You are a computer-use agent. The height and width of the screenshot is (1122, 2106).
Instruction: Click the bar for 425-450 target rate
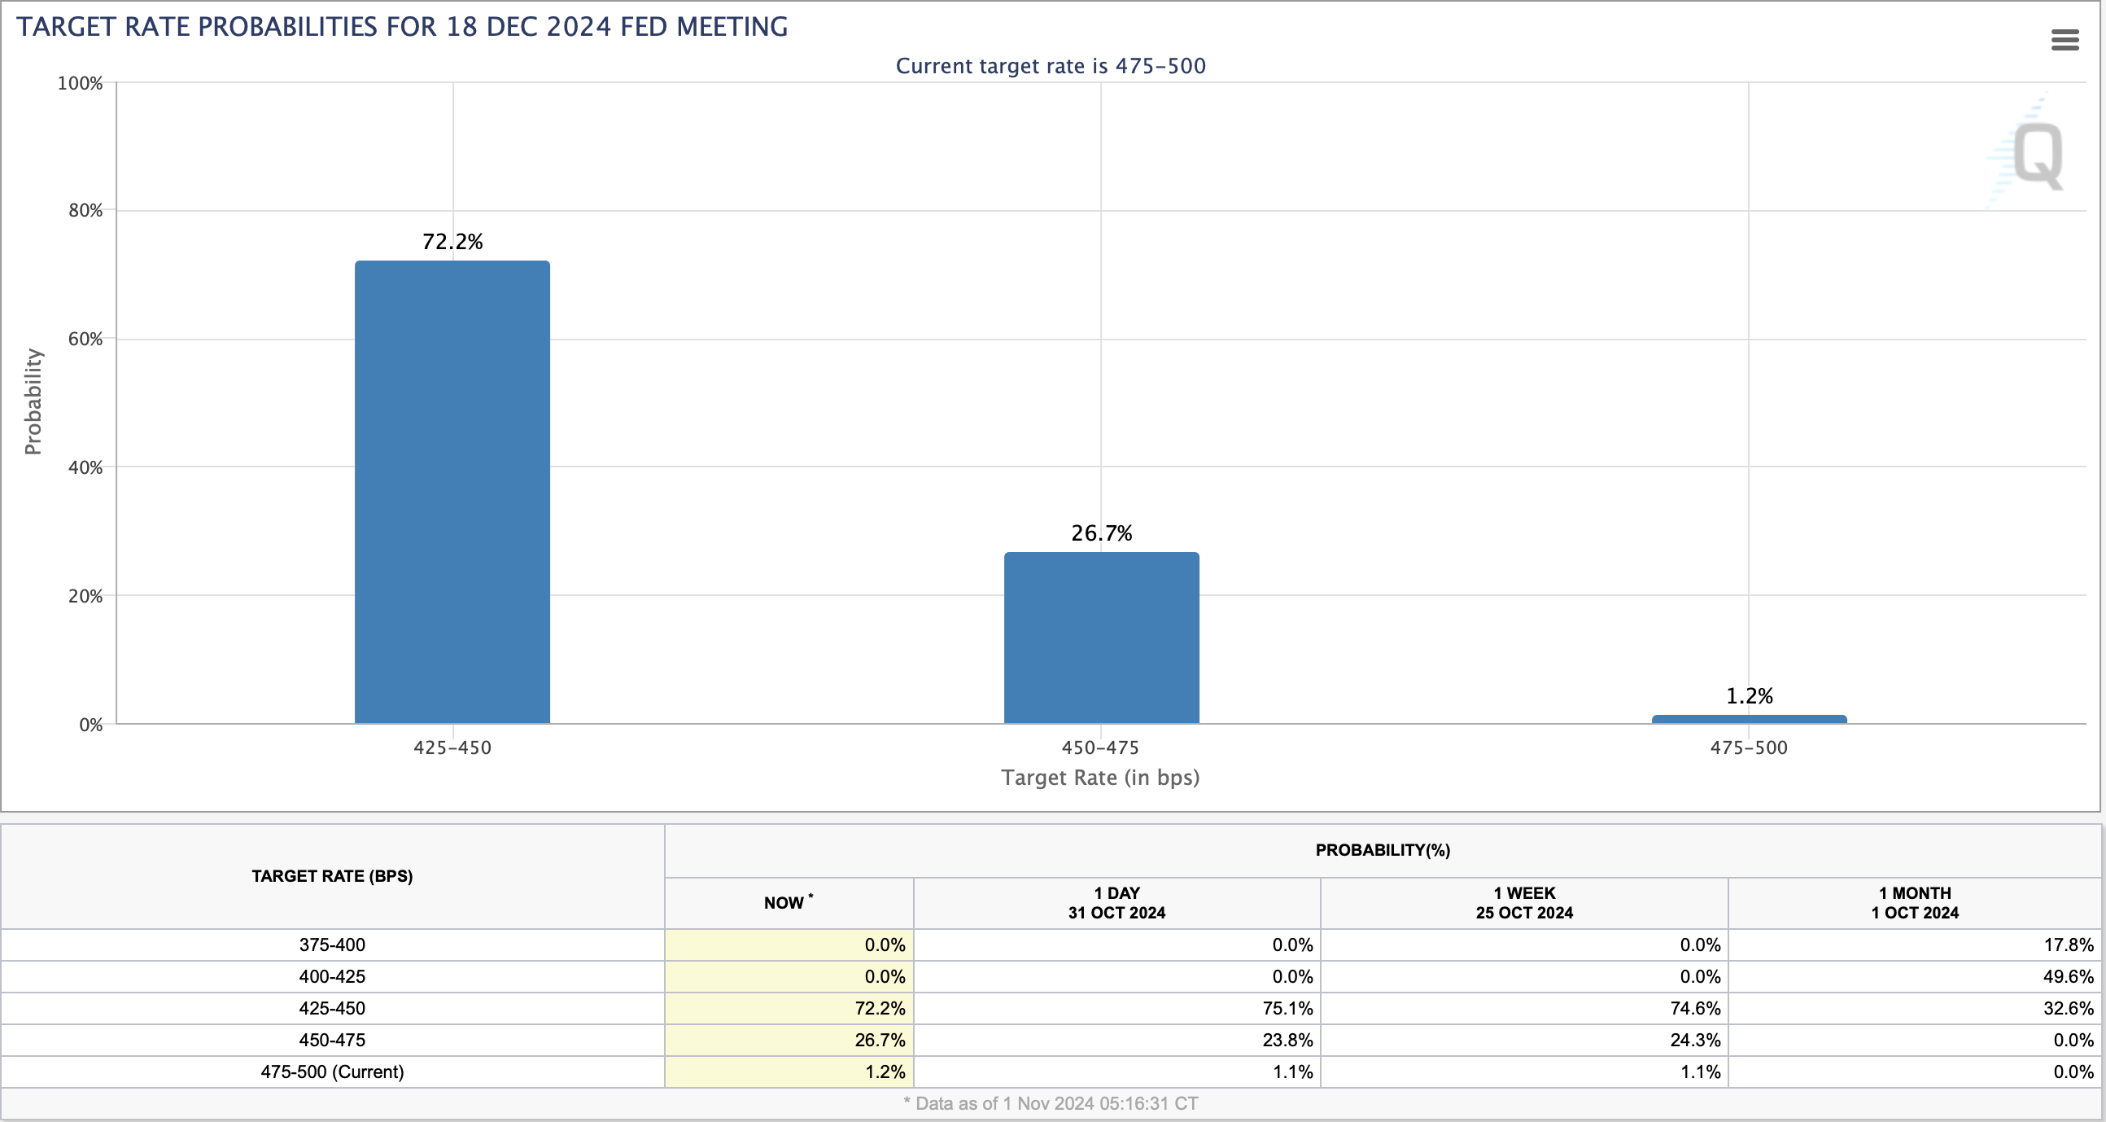[x=452, y=492]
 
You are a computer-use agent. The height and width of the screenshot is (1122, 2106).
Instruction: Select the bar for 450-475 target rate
[x=1101, y=637]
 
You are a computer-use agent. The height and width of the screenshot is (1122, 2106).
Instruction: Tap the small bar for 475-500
[x=1749, y=719]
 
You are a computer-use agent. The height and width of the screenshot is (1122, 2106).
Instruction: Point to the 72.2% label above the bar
[x=452, y=241]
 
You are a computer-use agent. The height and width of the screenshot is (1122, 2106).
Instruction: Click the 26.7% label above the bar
[x=1101, y=533]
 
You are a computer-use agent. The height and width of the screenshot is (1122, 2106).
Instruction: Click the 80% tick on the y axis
[x=85, y=210]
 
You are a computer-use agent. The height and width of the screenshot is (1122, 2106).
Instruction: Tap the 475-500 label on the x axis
[x=1749, y=747]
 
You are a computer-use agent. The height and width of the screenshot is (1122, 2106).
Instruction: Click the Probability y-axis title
[x=33, y=401]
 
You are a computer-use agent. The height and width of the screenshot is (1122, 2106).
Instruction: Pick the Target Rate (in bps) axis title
[x=1100, y=777]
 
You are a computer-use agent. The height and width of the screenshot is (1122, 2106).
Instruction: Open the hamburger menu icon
[x=2065, y=39]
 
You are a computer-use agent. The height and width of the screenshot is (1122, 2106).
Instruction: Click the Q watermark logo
[x=2036, y=156]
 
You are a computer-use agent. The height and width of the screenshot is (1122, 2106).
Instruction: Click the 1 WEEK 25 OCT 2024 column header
[x=1524, y=903]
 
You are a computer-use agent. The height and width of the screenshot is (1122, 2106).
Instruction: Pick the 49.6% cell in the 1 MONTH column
[x=2069, y=976]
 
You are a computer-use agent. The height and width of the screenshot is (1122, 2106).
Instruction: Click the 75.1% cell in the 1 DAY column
[x=1287, y=1008]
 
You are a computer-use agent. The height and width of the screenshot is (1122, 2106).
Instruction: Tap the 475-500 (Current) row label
[x=332, y=1072]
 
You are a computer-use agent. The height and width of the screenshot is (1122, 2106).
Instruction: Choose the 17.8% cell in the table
[x=2069, y=944]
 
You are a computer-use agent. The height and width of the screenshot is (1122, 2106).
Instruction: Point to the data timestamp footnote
[x=1051, y=1103]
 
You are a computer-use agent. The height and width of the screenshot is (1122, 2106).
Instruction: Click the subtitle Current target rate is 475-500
[x=1051, y=65]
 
